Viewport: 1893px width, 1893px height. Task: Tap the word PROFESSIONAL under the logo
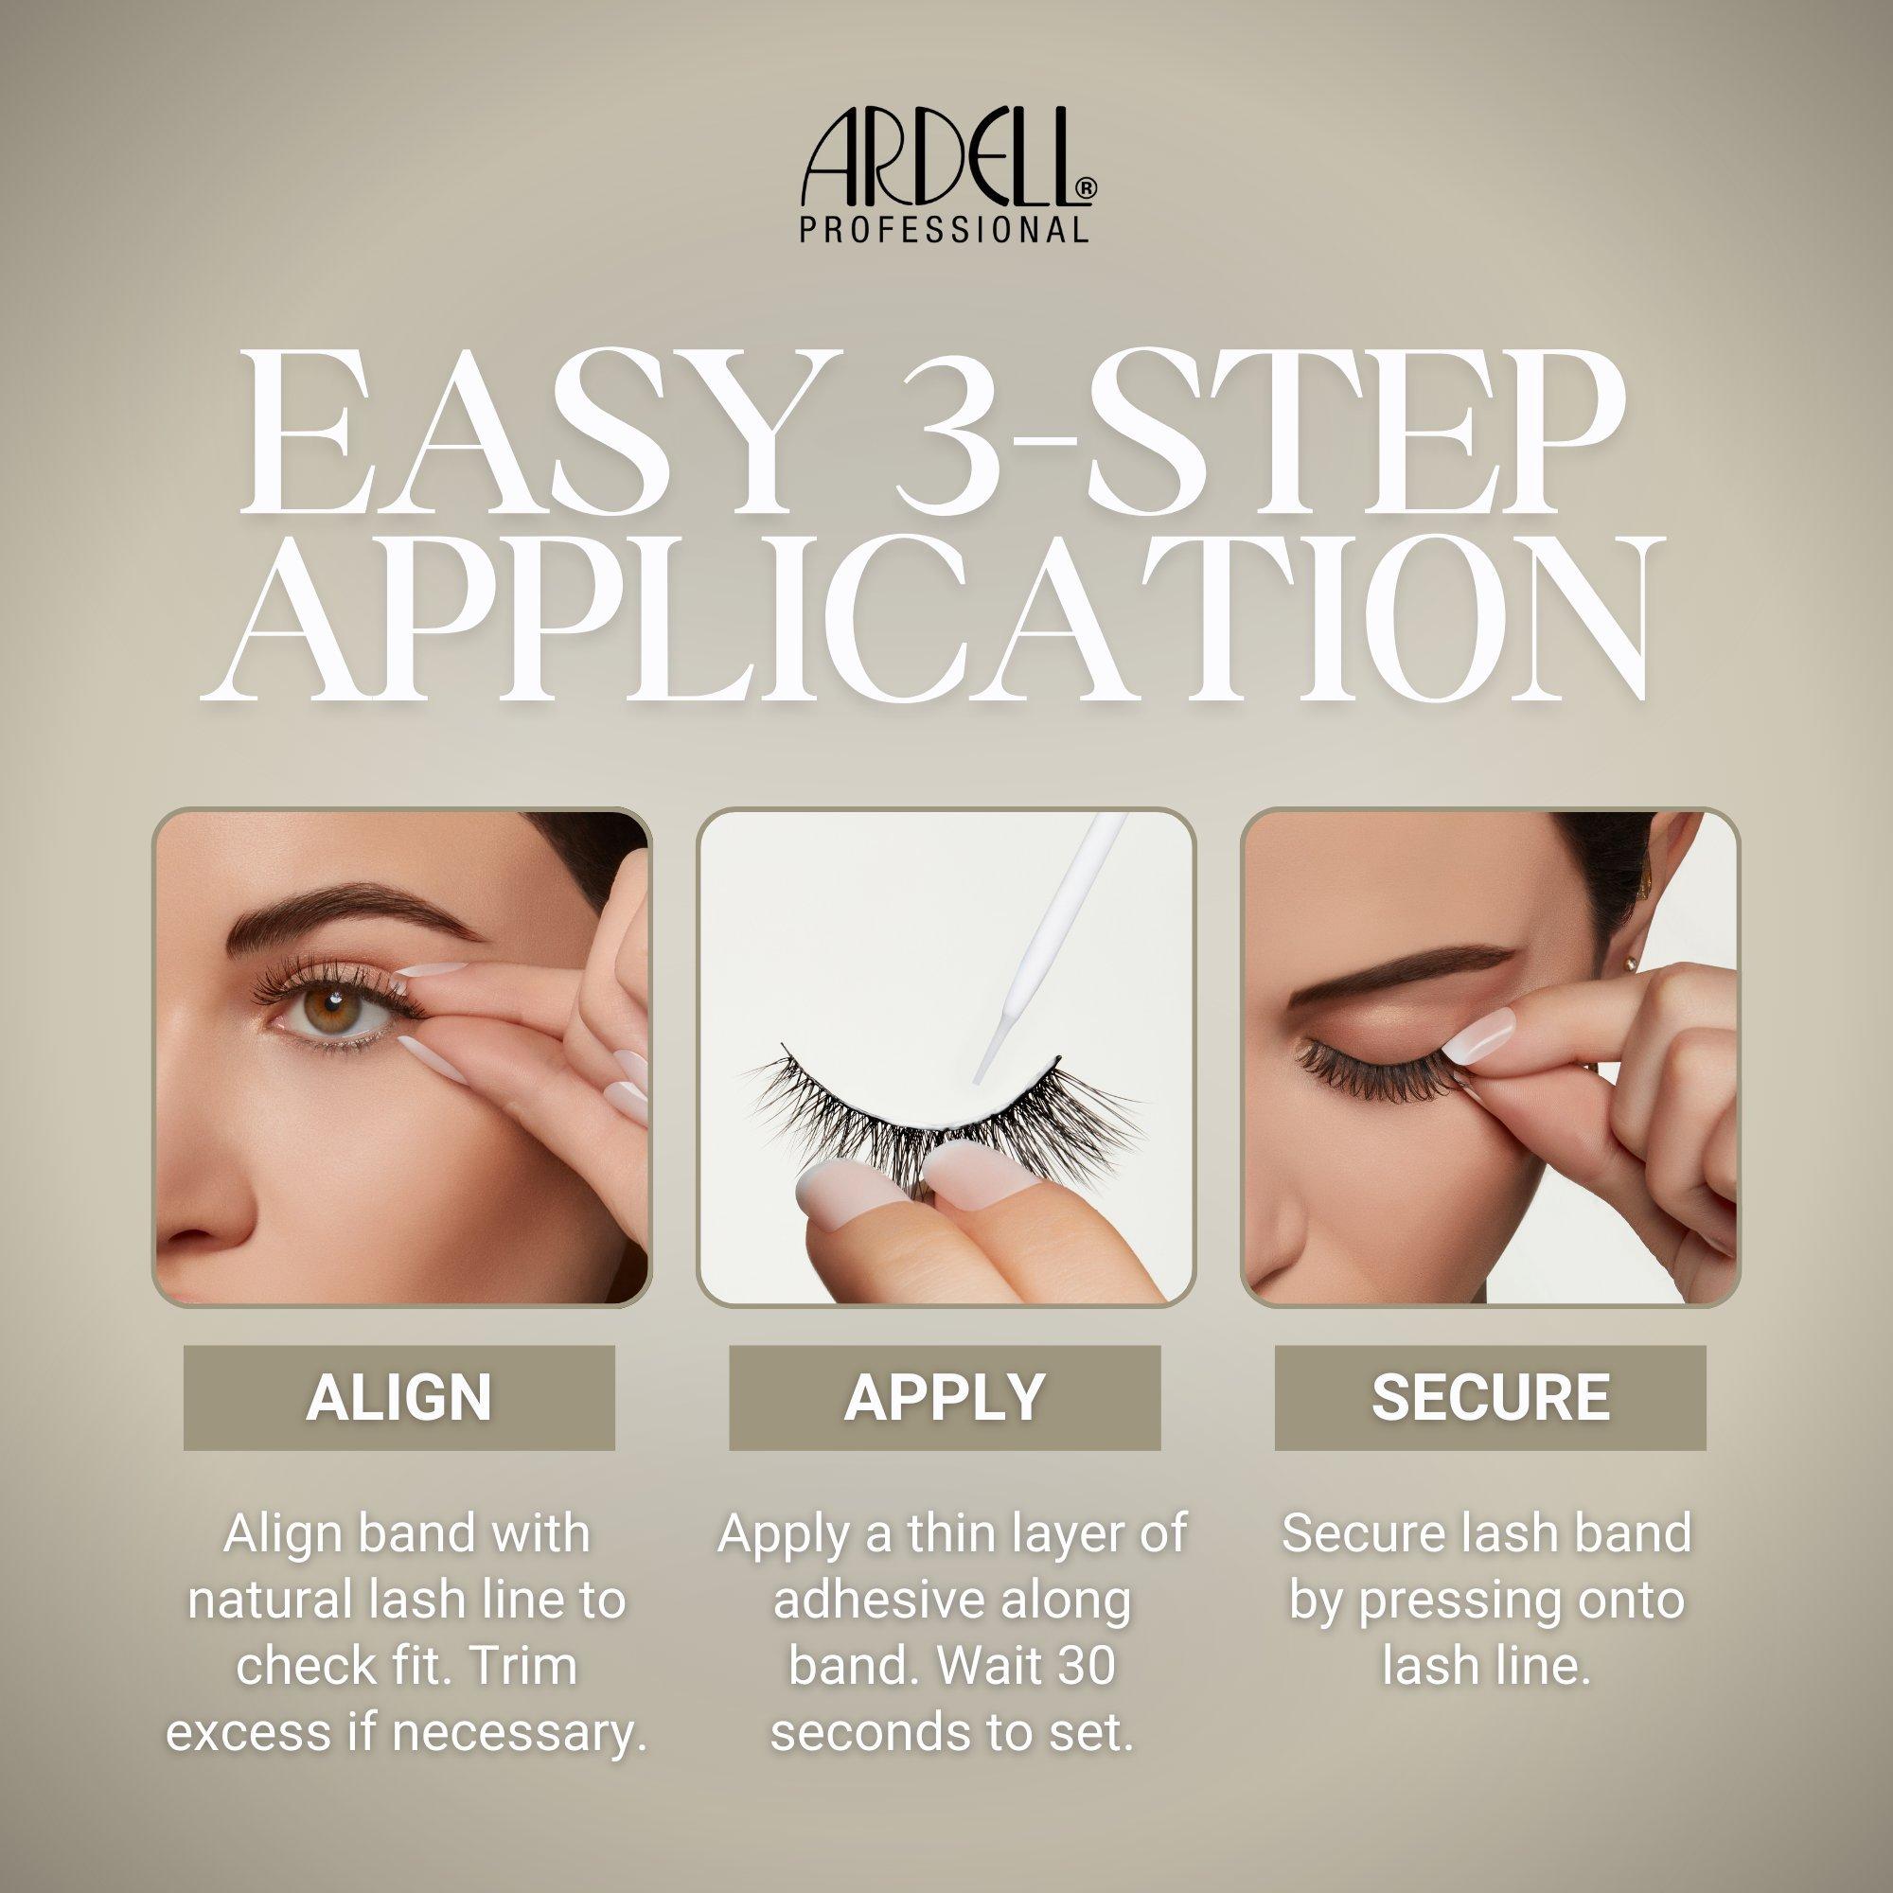944,229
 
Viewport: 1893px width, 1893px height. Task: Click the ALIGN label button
398,1398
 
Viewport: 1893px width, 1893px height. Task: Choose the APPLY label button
945,1398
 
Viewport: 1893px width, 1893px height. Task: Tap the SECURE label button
1491,1398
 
